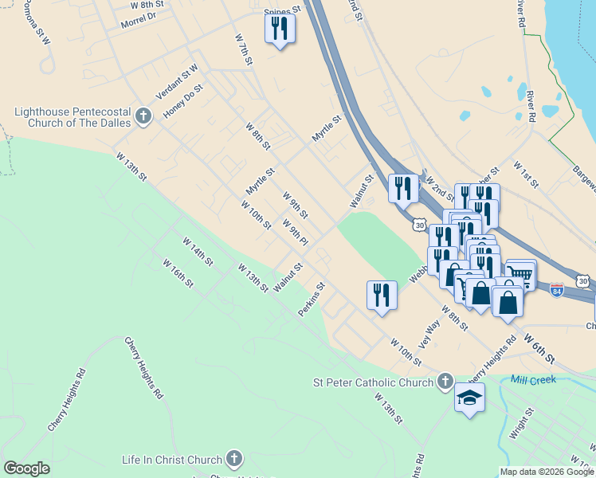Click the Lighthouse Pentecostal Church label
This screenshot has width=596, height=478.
[73, 117]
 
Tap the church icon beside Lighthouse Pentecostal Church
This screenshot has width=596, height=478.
[143, 117]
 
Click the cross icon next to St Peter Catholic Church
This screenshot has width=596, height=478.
[445, 382]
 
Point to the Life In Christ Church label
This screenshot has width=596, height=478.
[171, 460]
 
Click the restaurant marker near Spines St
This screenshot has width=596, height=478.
[280, 29]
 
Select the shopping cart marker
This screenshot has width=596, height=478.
[520, 275]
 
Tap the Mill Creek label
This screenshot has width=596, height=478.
[533, 380]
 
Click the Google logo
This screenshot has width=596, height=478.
[26, 468]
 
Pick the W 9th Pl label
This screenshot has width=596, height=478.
[294, 232]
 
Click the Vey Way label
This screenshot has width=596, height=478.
[429, 334]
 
